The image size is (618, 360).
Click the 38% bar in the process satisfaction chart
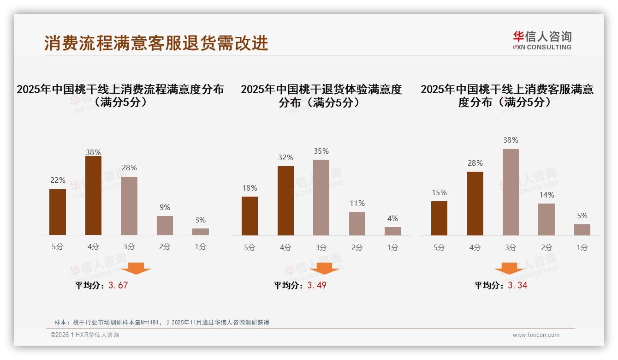tap(93, 196)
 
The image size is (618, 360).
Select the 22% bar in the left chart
tap(58, 212)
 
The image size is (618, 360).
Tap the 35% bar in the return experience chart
tap(321, 198)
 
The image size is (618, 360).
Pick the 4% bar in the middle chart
tap(392, 231)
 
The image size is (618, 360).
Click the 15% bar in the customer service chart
tap(439, 218)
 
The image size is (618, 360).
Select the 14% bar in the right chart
tap(547, 219)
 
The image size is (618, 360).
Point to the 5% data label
tap(582, 216)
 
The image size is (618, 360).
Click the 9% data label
tap(165, 207)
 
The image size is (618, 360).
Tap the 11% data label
tap(357, 203)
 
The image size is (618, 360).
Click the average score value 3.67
tap(118, 285)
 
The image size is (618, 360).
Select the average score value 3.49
tap(317, 285)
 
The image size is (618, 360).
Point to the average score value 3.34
tap(517, 285)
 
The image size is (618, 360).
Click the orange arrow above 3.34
tap(509, 268)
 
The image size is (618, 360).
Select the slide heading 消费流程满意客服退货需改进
tap(156, 43)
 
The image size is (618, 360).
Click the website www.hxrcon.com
tap(536, 335)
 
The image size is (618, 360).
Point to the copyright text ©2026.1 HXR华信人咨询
tap(84, 335)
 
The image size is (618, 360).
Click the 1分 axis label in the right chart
tap(582, 247)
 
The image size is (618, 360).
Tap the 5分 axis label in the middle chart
tap(250, 247)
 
